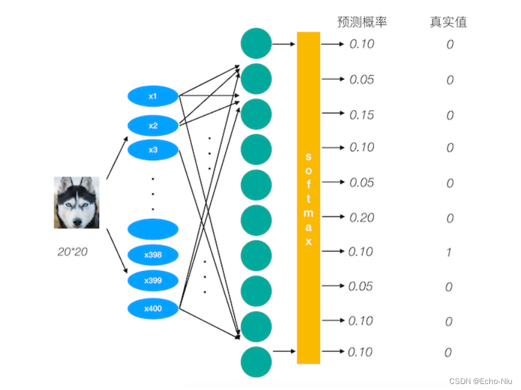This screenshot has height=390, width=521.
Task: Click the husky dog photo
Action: click(76, 202)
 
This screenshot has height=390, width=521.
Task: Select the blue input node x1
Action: click(153, 96)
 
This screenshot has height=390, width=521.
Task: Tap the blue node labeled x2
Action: click(153, 126)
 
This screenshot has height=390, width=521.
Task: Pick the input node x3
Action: click(153, 150)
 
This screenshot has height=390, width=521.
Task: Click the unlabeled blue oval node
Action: click(153, 229)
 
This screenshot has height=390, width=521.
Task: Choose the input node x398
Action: click(153, 255)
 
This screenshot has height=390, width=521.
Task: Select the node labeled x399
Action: click(153, 280)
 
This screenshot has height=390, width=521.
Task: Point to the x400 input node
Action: click(153, 309)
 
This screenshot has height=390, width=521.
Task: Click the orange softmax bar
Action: click(308, 197)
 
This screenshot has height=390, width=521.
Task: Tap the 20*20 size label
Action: click(72, 252)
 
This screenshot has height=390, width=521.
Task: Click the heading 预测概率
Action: click(362, 22)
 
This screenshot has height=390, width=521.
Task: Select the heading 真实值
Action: click(448, 22)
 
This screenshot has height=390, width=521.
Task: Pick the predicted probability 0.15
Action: click(361, 115)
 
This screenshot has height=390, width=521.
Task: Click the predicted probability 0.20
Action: click(361, 218)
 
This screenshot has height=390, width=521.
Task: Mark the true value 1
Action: click(449, 252)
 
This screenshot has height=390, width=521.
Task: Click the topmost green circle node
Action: click(256, 43)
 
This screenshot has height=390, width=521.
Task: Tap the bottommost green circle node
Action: click(256, 362)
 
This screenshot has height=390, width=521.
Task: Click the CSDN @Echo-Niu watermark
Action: click(480, 380)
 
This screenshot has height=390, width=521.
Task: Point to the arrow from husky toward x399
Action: click(117, 251)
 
